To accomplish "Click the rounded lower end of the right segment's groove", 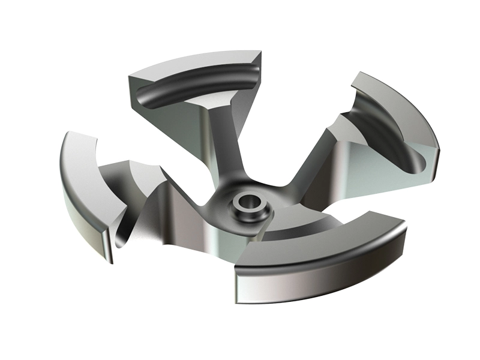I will point(420,165).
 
